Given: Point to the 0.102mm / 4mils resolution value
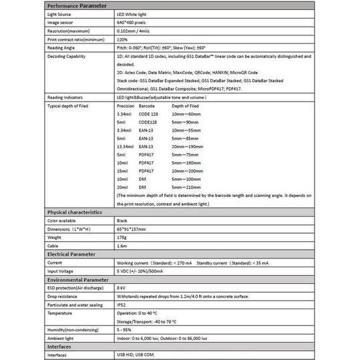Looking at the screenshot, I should click(136, 31).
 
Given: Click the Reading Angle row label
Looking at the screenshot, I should click(61, 49).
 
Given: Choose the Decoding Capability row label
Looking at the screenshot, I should click(67, 57).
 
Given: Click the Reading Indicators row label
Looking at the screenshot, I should click(65, 97).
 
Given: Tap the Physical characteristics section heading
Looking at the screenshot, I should click(74, 212).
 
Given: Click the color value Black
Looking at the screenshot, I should click(122, 220).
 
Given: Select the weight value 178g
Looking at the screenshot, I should click(122, 237).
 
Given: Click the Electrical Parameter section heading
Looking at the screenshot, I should click(70, 254).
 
